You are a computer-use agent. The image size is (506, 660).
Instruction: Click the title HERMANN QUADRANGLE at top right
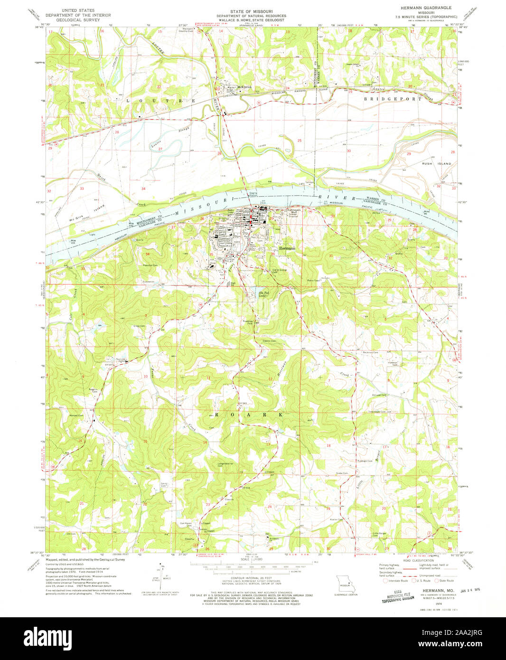[422, 8]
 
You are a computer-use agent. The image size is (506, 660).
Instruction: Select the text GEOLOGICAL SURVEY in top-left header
[81, 21]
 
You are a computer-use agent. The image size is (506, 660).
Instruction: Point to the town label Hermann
[286, 248]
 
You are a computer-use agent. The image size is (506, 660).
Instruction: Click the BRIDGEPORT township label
[392, 99]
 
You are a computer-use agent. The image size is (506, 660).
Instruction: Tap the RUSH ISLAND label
[436, 163]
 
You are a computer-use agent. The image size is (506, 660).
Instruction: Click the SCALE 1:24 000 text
[252, 559]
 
